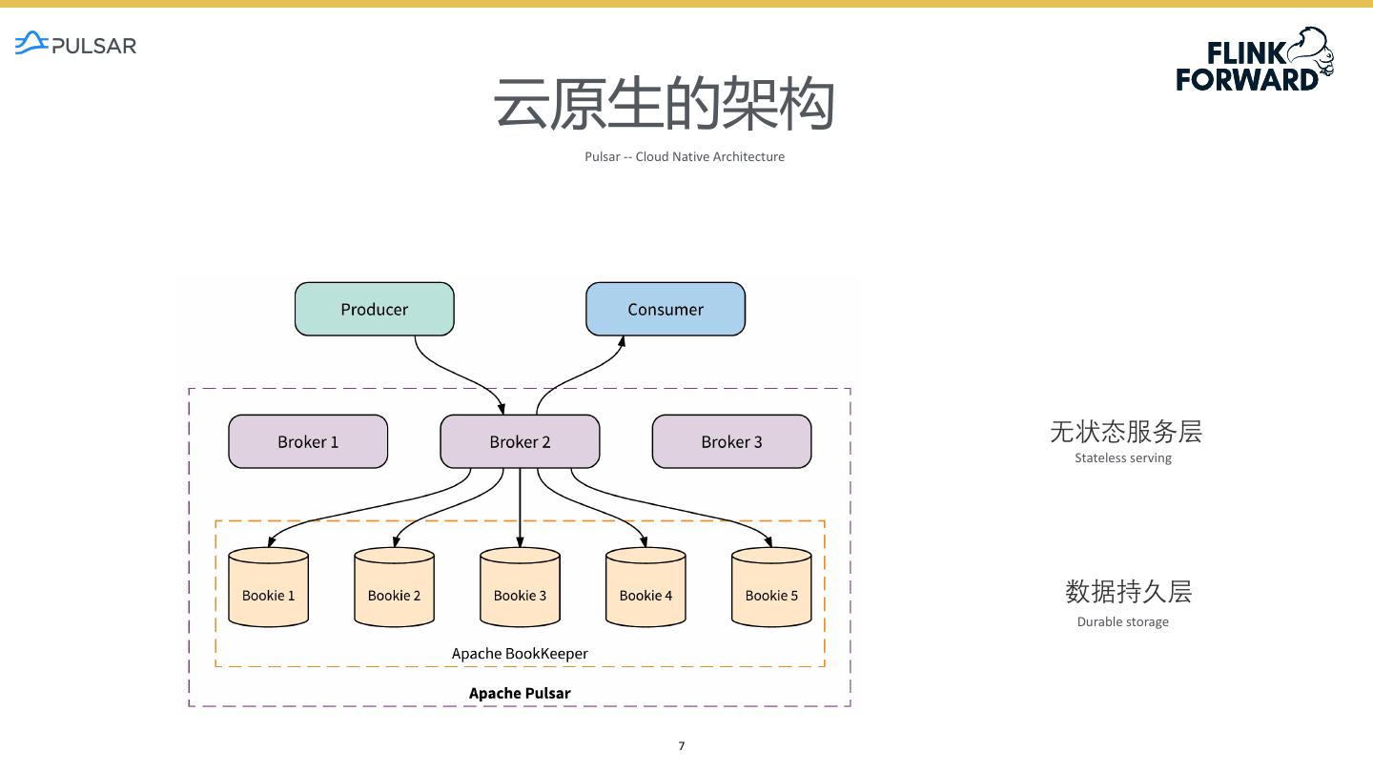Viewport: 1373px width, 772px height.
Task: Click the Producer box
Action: pos(375,309)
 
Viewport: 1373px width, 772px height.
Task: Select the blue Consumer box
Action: pos(666,309)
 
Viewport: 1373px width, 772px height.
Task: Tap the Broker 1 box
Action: pos(308,441)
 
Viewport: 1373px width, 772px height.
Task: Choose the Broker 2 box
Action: pos(520,441)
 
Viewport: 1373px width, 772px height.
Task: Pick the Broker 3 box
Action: pos(732,441)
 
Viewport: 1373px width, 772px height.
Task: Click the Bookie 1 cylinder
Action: pos(269,587)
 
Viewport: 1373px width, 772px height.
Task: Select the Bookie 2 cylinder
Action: pos(394,587)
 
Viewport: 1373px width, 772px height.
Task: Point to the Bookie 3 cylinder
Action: pos(520,587)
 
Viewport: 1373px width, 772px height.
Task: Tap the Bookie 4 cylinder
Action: pos(646,587)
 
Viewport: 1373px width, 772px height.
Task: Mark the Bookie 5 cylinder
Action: pos(771,587)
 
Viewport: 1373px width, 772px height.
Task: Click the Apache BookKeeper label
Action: pos(520,654)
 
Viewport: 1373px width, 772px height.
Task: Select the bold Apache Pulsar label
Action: pos(520,693)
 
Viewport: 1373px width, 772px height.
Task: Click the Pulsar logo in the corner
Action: pos(75,44)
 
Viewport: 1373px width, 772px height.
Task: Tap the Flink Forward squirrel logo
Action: pos(1255,60)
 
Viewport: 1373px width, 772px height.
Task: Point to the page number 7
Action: pos(682,745)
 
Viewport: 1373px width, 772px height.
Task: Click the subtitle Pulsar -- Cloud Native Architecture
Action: pos(685,157)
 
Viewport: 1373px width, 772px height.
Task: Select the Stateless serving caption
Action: pos(1123,457)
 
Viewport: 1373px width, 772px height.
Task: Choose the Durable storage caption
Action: pos(1123,621)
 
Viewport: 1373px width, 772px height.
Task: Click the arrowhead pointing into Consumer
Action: pos(622,342)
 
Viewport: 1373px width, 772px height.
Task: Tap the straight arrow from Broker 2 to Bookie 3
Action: pos(520,507)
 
